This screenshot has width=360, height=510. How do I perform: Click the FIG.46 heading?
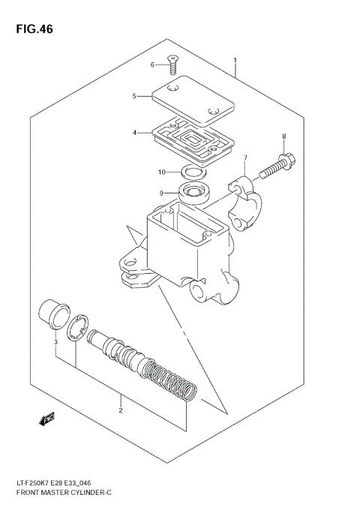32,30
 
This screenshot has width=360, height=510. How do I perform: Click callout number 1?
235,60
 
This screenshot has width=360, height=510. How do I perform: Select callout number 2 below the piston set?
120,410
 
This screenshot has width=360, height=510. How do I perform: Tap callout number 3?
55,343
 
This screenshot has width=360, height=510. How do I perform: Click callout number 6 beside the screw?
152,65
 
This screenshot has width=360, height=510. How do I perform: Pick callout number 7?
244,157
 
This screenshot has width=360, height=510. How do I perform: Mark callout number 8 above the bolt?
284,136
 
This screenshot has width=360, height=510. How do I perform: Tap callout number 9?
160,193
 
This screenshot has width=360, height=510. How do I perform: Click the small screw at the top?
172,66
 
